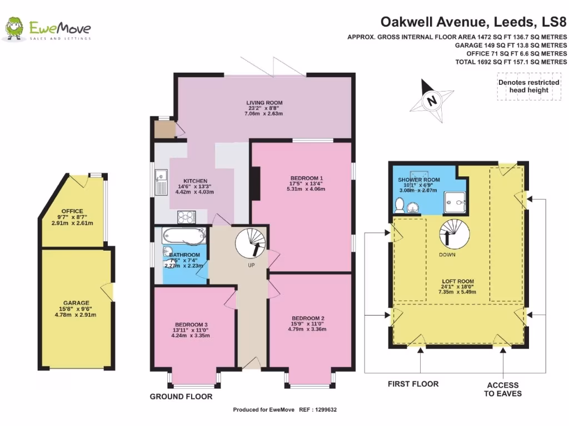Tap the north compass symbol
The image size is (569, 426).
pos(430,100)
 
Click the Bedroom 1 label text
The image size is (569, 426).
pos(304,178)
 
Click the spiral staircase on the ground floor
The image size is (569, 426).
pos(250,242)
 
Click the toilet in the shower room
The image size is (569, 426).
pos(399,206)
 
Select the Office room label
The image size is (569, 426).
pos(72,211)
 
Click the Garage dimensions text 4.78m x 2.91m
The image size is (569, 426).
pos(76,315)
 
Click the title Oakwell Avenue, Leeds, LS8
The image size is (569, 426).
pos(473,22)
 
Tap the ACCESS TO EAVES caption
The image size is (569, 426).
pos(502,389)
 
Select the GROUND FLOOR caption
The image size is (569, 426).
pos(181,397)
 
